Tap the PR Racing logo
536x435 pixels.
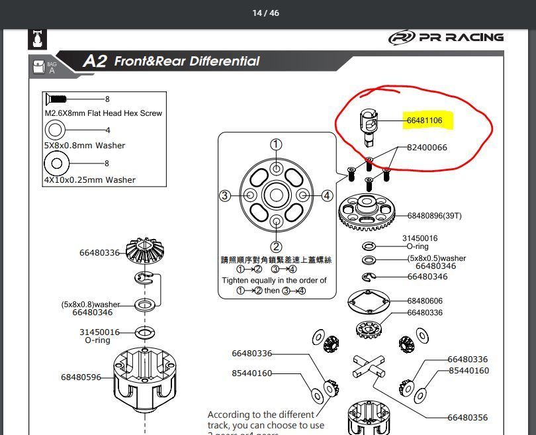446,38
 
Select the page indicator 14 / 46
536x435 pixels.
266,13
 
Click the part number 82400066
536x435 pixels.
427,147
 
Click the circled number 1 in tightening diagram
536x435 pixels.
276,145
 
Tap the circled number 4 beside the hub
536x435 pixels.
327,195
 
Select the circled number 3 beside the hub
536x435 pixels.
225,195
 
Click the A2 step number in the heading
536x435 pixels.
95,62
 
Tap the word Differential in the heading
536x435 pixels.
224,62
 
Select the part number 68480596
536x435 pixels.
81,377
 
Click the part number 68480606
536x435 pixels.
425,301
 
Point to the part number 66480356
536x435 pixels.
467,417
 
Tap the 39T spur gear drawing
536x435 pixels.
367,214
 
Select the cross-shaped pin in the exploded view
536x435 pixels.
368,365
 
